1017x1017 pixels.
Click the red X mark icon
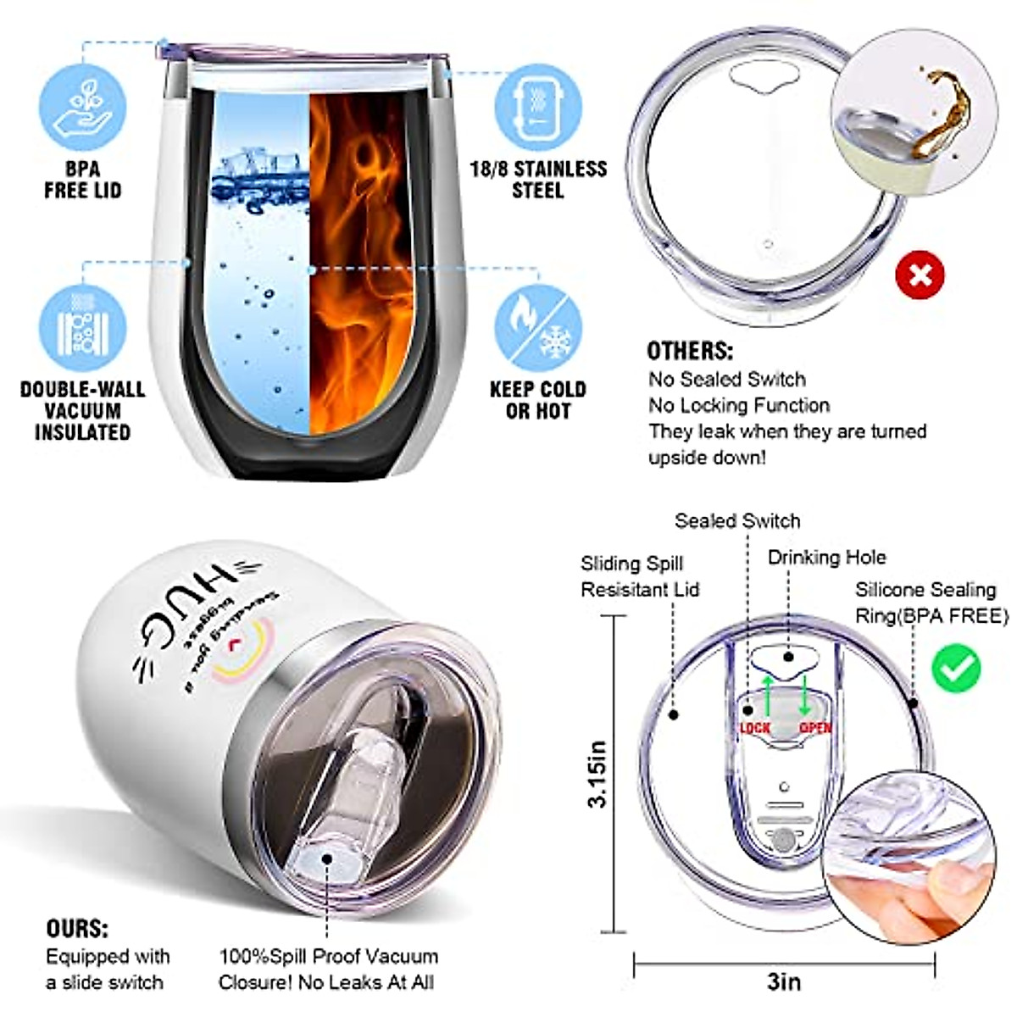(920, 275)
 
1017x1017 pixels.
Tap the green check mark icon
(956, 668)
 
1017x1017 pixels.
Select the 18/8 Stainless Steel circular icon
(538, 107)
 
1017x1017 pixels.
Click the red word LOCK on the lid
(755, 728)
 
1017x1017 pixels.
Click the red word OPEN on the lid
(815, 728)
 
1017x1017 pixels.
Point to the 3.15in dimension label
(597, 774)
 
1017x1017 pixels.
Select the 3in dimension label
(784, 981)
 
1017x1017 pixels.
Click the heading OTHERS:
(690, 351)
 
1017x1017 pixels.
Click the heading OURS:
(78, 928)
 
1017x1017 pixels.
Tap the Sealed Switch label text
(737, 521)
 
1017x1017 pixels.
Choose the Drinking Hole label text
(826, 558)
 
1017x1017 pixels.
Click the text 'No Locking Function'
(739, 405)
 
